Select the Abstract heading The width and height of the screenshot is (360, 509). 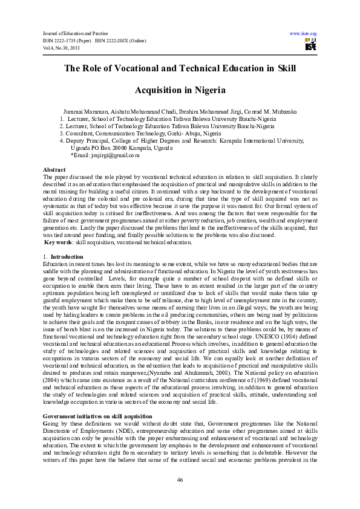point(55,170)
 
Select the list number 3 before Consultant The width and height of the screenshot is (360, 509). point(62,133)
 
